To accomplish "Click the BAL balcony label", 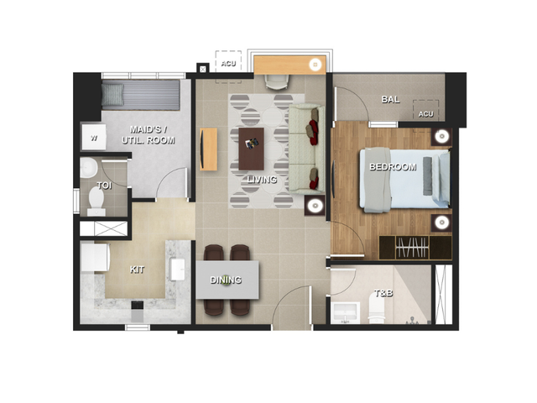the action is click(x=390, y=99).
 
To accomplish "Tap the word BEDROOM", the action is click(x=393, y=167).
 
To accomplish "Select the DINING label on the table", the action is click(x=226, y=280).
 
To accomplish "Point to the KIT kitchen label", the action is click(x=137, y=270).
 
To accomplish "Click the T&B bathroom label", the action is click(x=383, y=293).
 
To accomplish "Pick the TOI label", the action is click(x=104, y=186).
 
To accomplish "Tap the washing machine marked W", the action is click(x=93, y=137).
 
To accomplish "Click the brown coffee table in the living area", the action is click(x=252, y=149).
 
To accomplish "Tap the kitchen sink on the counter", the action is click(x=177, y=270).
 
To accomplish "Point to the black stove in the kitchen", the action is click(x=138, y=305).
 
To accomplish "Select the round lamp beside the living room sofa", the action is click(x=315, y=206).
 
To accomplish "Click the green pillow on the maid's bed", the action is click(x=112, y=95).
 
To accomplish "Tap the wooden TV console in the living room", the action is click(x=208, y=149).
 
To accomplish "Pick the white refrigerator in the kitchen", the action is click(x=95, y=257).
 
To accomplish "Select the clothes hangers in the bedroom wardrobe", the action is click(x=412, y=247).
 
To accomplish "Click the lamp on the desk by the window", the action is click(x=315, y=65).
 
